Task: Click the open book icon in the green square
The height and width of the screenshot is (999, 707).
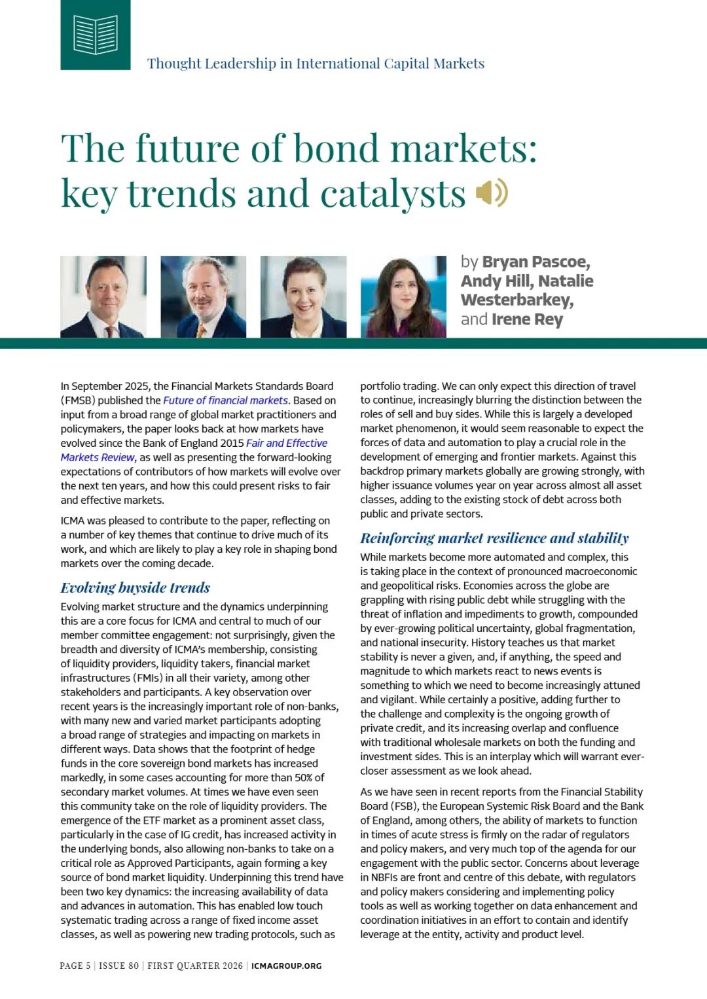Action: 96,34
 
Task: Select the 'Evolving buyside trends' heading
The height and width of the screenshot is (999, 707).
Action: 136,587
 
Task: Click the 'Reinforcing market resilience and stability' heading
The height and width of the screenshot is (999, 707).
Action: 494,538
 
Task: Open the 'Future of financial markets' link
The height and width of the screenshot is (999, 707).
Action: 225,400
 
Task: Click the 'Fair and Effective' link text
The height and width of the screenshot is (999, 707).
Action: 287,443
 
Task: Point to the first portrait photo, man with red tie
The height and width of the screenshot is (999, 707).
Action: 103,296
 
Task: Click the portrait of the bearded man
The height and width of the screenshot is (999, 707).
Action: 204,296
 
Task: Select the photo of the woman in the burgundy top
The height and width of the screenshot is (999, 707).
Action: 403,296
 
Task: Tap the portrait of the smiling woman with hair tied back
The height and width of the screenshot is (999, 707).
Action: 303,296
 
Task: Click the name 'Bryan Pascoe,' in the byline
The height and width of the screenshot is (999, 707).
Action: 536,262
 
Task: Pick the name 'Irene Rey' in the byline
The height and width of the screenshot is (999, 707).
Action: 527,319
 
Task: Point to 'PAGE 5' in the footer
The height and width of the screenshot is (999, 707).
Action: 75,966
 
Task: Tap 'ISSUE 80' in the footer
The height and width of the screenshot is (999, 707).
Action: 119,966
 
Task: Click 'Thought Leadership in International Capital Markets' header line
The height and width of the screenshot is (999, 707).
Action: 316,63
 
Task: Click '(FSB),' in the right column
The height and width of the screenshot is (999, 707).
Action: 401,806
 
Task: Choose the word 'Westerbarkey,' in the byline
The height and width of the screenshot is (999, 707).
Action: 517,300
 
